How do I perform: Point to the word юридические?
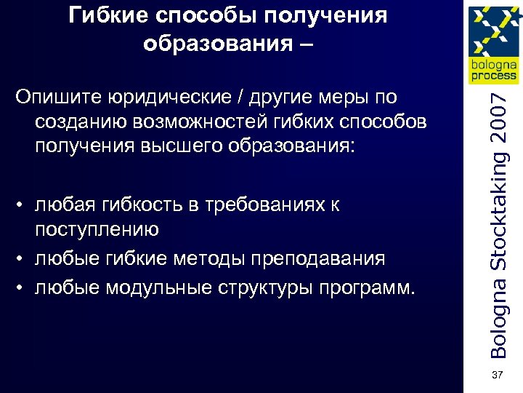[163, 98]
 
